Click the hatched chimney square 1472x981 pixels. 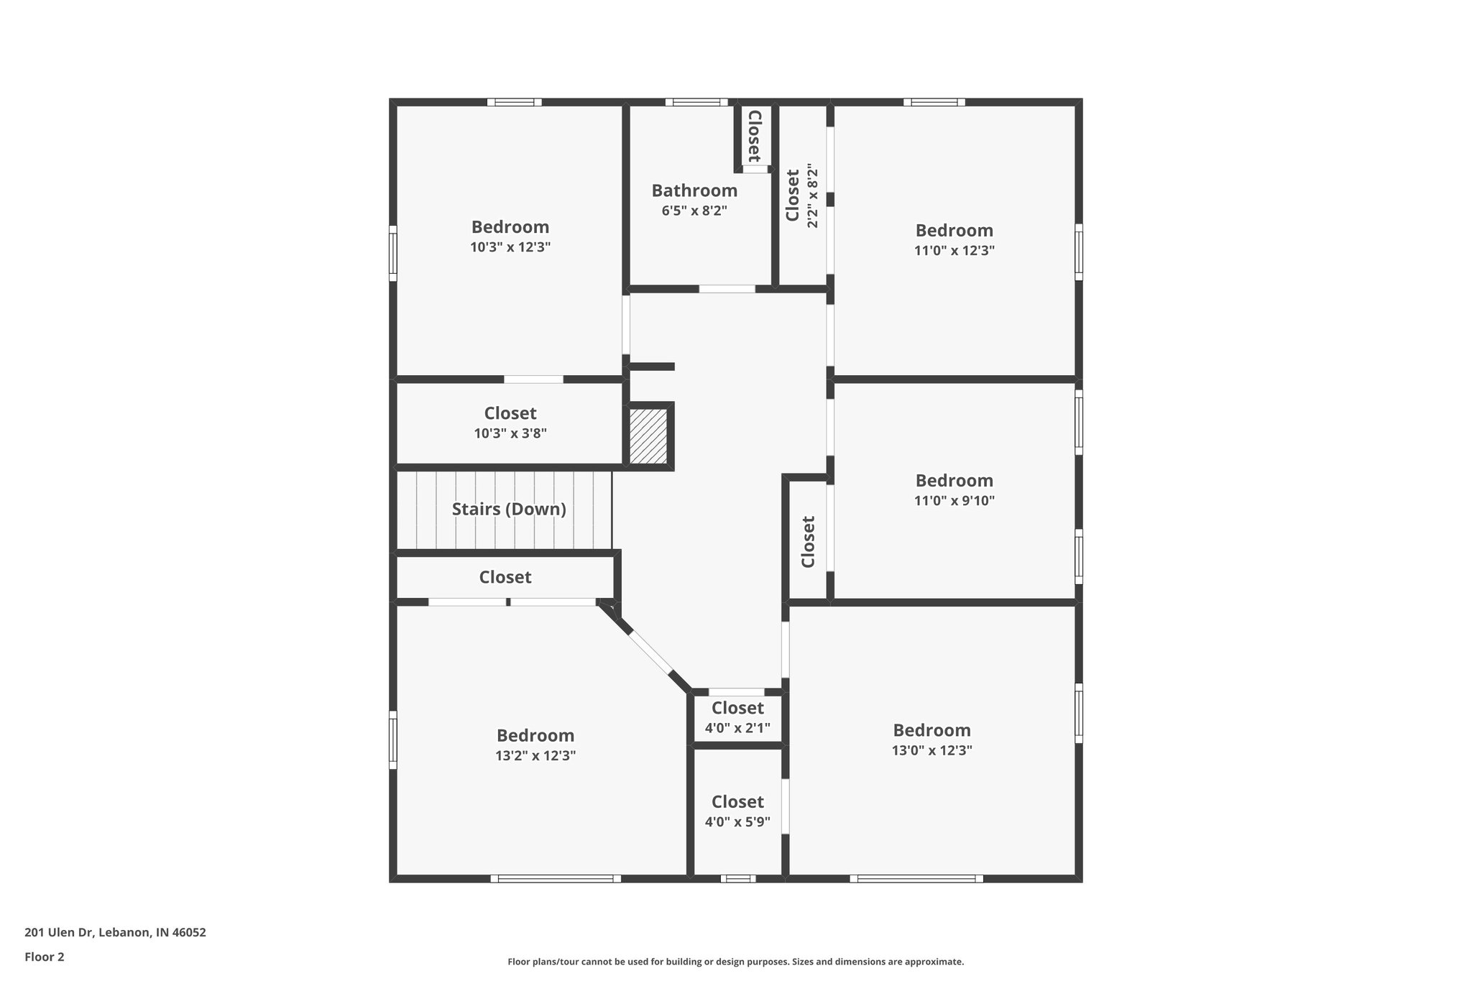648,437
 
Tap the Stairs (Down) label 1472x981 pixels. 509,510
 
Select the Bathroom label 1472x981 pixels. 694,190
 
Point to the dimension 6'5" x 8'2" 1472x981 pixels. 694,211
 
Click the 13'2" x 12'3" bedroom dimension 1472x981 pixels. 535,755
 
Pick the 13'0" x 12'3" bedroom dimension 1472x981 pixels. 931,750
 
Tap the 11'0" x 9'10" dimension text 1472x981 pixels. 954,501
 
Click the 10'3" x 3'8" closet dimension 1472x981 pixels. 510,433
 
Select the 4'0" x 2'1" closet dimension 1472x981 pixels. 737,728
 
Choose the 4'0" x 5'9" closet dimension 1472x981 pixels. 737,821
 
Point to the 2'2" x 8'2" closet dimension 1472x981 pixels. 813,196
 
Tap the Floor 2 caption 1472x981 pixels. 45,957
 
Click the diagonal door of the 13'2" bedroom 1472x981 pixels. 650,651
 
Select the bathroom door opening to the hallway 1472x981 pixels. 727,289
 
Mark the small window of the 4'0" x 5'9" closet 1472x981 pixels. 738,878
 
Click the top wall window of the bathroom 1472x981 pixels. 696,102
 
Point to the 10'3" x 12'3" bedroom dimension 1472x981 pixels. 510,247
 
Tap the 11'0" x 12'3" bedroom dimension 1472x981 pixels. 954,251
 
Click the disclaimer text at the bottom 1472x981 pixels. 735,962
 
